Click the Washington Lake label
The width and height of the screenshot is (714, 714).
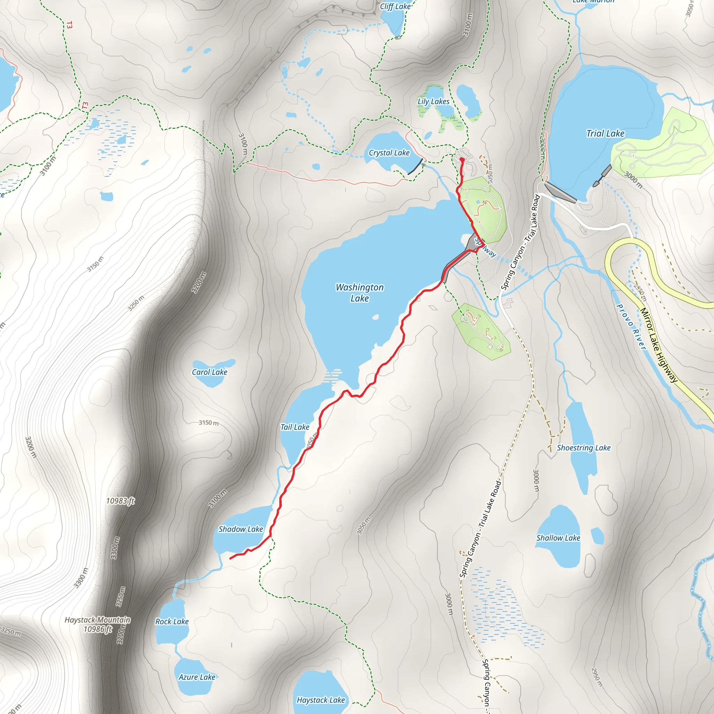tap(359, 293)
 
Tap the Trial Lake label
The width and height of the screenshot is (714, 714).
tap(605, 134)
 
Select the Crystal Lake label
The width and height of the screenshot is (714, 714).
tap(389, 153)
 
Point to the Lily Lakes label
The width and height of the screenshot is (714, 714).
tap(433, 101)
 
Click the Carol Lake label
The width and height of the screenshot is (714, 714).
tap(209, 372)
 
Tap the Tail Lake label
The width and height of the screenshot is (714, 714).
tap(295, 427)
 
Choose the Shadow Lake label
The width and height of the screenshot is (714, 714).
tap(241, 529)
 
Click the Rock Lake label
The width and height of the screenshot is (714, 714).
tap(172, 621)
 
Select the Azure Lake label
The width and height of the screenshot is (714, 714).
tap(197, 677)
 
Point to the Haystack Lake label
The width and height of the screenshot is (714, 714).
tap(320, 700)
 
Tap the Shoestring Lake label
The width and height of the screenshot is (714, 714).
tap(583, 448)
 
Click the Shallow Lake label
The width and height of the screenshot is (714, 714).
tap(558, 538)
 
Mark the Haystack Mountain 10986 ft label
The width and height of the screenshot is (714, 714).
tap(98, 624)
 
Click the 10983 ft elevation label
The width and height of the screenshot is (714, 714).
tap(121, 501)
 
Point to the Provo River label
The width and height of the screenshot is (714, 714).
tap(631, 327)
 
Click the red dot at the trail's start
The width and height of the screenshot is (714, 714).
tap(462, 159)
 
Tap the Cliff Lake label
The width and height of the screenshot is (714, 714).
tap(395, 6)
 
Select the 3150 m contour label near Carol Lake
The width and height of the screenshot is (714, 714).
tap(208, 423)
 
